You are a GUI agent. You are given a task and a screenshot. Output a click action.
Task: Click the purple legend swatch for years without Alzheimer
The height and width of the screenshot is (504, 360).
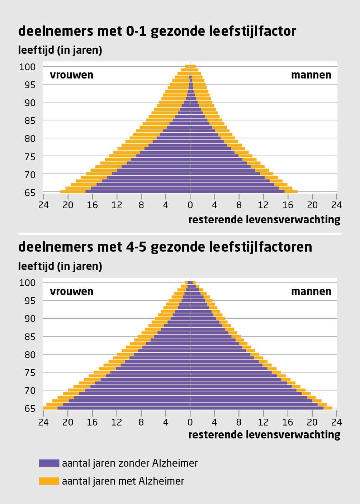pyautogui.click(x=49, y=463)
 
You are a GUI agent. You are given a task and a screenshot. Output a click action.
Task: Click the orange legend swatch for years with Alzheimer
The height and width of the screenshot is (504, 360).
pyautogui.click(x=49, y=481)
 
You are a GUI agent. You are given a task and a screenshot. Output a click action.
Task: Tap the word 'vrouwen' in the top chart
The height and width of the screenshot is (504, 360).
pyautogui.click(x=71, y=75)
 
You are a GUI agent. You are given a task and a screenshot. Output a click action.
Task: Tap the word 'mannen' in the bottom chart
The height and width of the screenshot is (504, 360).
pyautogui.click(x=311, y=291)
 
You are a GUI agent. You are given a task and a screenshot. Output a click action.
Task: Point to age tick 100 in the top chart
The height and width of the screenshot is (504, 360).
pyautogui.click(x=28, y=67)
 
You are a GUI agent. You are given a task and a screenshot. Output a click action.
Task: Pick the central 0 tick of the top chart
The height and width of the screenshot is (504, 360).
pyautogui.click(x=190, y=205)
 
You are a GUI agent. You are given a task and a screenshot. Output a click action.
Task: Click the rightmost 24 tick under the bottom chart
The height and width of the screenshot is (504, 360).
pyautogui.click(x=337, y=422)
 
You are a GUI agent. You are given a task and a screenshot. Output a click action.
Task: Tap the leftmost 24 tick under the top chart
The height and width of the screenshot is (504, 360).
pyautogui.click(x=43, y=205)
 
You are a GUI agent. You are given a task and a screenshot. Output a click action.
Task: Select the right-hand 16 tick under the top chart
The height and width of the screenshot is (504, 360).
pyautogui.click(x=288, y=205)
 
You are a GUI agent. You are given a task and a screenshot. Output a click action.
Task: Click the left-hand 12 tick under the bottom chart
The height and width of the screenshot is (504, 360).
pyautogui.click(x=117, y=422)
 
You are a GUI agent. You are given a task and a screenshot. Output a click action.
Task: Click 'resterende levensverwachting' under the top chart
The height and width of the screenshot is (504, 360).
pyautogui.click(x=264, y=219)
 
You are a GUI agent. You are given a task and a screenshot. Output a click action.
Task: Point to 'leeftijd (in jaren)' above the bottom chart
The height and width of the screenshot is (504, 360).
pyautogui.click(x=60, y=266)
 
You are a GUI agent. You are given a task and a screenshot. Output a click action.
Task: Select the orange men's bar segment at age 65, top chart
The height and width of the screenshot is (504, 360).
pyautogui.click(x=291, y=192)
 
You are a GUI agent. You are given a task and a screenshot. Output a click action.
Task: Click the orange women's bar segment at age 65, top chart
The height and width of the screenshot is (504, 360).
pyautogui.click(x=73, y=192)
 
